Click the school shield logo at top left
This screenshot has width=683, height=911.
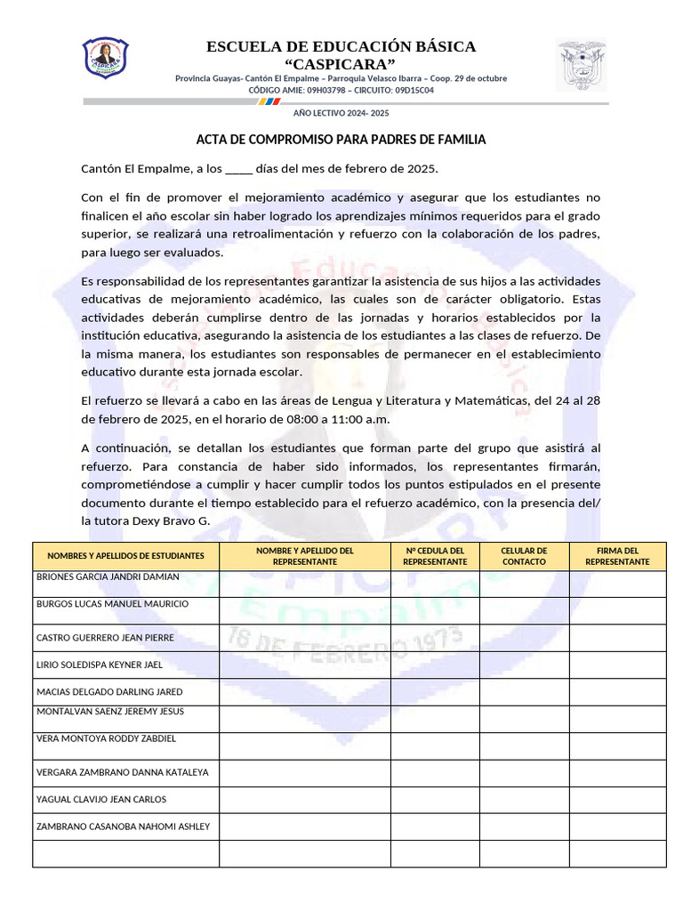point(106,57)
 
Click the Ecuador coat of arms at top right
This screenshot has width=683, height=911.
point(581,64)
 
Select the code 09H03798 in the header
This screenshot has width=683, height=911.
point(326,90)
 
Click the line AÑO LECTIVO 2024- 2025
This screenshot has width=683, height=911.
point(341,114)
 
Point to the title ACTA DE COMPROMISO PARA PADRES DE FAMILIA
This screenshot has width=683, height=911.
point(341,141)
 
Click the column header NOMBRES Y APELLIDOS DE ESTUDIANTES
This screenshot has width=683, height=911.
point(125,556)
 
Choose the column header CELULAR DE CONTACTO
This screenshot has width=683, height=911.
point(524,556)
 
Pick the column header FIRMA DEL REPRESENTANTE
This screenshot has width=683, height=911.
point(618,556)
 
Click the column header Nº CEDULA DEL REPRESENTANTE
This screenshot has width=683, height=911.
point(435,556)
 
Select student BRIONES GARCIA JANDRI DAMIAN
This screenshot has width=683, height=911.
point(108,576)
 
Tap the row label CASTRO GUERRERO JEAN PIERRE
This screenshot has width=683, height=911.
point(105,638)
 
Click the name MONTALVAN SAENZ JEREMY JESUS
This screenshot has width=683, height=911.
point(109,711)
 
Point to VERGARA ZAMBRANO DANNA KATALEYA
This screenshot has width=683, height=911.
point(122,772)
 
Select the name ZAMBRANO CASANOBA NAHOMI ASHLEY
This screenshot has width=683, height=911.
point(123,826)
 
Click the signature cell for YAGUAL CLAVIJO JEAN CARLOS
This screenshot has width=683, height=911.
point(618,800)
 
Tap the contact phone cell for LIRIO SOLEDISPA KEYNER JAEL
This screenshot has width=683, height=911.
point(524,665)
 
